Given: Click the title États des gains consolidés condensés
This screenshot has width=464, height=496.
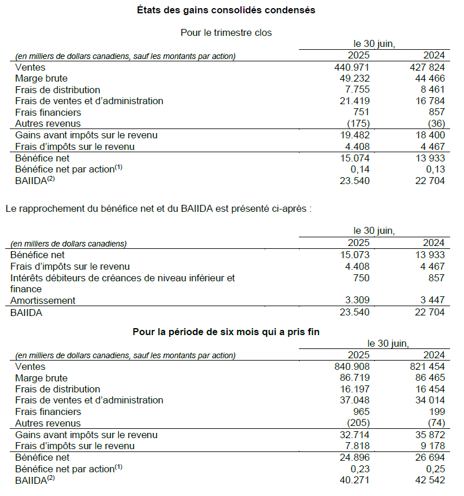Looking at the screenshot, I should pos(226,10).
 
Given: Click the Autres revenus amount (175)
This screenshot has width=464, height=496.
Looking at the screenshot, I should pos(357,123).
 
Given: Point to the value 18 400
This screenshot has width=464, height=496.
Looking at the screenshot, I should pos(429,135).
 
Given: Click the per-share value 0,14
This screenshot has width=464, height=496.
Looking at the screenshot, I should pos(359,169).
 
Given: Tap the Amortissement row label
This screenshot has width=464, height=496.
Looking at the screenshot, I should pos(43,300).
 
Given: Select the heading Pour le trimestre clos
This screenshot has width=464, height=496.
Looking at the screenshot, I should pos(226,32).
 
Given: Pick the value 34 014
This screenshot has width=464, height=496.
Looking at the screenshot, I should pos(429,400).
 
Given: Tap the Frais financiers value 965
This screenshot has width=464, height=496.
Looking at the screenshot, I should pos(361,412).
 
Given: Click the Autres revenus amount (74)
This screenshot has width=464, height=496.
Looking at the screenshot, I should pos(434,423).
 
